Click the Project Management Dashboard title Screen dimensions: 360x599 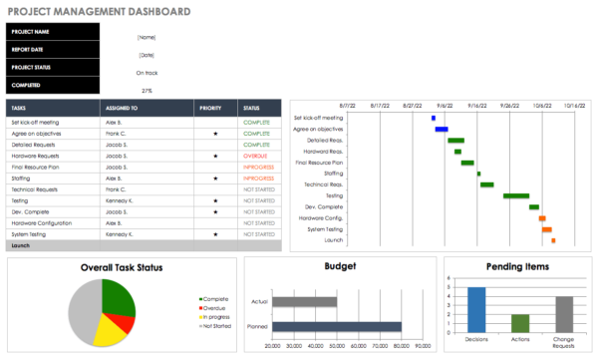(100, 12)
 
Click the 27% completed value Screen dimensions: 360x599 (147, 89)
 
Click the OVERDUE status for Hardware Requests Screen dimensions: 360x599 (256, 156)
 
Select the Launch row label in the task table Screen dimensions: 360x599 (21, 244)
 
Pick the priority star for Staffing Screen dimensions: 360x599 (215, 178)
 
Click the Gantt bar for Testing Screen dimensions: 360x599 (515, 195)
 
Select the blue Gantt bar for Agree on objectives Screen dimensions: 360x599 (442, 130)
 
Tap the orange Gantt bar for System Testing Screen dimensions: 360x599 (547, 229)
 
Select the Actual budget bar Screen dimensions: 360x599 (305, 301)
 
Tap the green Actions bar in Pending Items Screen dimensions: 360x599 (520, 322)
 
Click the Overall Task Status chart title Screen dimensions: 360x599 (122, 266)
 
